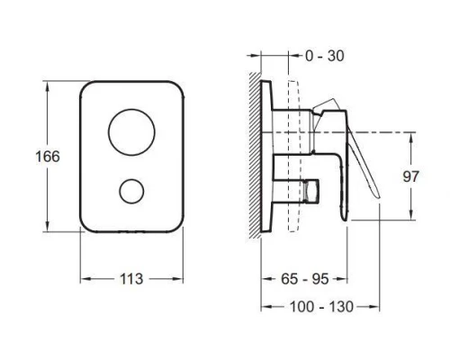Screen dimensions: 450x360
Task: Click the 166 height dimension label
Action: [48, 157]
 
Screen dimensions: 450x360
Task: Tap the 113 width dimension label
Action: [131, 279]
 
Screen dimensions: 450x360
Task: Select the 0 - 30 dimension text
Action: [325, 56]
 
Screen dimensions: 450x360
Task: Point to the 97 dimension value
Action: [410, 176]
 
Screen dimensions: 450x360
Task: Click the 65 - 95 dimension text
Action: [305, 279]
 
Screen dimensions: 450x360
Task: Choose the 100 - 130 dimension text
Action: [321, 307]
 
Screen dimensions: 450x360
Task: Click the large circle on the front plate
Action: [131, 132]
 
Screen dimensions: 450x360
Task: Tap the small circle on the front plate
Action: [131, 192]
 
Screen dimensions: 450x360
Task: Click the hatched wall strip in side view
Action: [255, 155]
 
